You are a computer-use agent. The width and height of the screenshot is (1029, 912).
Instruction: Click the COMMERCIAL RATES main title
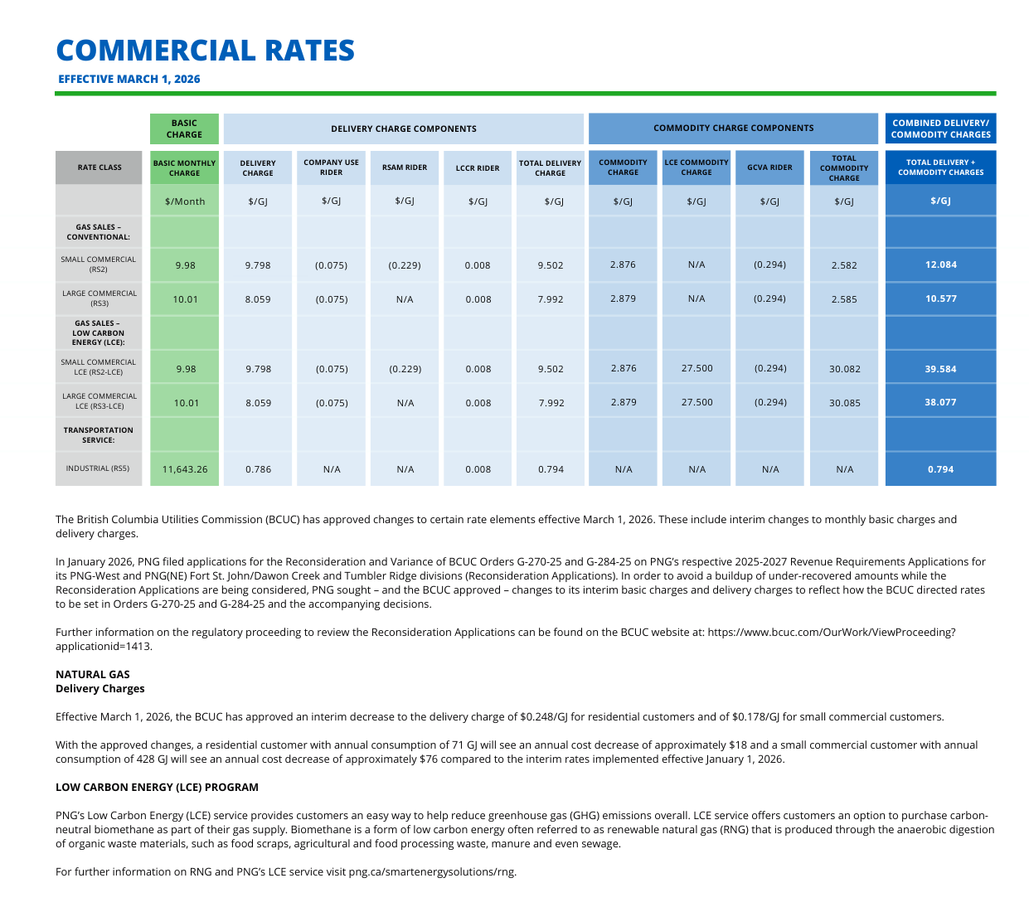pos(205,51)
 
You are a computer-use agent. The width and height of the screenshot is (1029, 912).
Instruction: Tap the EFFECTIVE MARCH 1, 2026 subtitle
pos(129,80)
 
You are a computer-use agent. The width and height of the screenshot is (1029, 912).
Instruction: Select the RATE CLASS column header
pos(100,167)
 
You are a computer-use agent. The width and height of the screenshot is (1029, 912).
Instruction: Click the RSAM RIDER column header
pos(405,167)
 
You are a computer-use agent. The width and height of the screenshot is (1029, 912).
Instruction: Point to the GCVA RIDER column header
pos(769,167)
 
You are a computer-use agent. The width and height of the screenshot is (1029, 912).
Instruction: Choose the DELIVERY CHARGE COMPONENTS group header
pos(404,129)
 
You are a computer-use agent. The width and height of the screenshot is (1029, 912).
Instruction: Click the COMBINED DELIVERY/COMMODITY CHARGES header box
pos(940,129)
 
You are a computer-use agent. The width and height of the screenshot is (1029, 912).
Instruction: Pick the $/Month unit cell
pos(185,201)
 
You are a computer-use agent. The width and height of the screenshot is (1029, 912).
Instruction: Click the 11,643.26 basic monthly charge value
pos(185,469)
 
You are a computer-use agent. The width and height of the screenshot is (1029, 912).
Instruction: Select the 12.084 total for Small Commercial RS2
pos(940,265)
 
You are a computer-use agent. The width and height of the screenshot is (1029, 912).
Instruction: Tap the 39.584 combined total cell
pos(940,369)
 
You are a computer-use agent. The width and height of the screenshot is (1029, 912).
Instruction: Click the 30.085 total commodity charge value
pos(844,403)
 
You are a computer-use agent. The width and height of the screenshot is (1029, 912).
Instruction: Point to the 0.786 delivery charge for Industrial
pos(258,469)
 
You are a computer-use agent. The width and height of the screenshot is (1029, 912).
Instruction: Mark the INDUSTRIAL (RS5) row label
pos(98,468)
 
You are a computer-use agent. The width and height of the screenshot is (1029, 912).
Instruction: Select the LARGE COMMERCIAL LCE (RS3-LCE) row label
pos(100,401)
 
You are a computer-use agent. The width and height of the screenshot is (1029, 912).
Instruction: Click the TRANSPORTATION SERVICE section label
pos(99,435)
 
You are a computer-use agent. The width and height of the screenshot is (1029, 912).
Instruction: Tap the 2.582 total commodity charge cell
pos(844,265)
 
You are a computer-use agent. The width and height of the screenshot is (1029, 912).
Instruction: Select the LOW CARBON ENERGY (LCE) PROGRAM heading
pos(157,788)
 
